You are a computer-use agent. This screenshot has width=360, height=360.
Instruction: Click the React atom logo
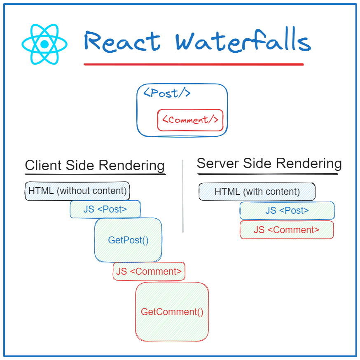(x=44, y=44)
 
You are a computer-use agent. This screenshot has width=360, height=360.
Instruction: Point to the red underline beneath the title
(x=194, y=64)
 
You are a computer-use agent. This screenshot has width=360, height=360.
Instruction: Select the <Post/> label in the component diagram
(x=167, y=93)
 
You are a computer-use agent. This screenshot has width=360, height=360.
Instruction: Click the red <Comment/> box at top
(x=190, y=120)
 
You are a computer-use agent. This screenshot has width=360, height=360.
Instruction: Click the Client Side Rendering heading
(x=95, y=166)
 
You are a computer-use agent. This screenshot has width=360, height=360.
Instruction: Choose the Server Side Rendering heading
(x=269, y=164)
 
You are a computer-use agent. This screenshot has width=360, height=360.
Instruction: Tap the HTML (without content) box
(x=77, y=191)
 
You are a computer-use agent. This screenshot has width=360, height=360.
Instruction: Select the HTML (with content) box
(x=257, y=192)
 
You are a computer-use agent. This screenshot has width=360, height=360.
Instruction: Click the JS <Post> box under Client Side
(x=105, y=209)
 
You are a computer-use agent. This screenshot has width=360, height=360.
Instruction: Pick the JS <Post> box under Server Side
(x=287, y=210)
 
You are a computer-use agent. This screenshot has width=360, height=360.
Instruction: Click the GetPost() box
(x=128, y=240)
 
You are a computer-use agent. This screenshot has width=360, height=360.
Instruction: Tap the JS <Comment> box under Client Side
(x=149, y=271)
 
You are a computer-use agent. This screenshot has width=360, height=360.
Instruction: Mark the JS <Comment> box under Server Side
(x=286, y=230)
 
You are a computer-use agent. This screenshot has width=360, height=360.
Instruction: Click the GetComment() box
(x=172, y=312)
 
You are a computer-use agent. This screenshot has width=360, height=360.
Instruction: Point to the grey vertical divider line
(x=182, y=196)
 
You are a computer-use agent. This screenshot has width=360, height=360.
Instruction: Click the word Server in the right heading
(x=217, y=164)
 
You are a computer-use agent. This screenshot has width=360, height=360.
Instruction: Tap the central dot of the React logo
(x=44, y=44)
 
